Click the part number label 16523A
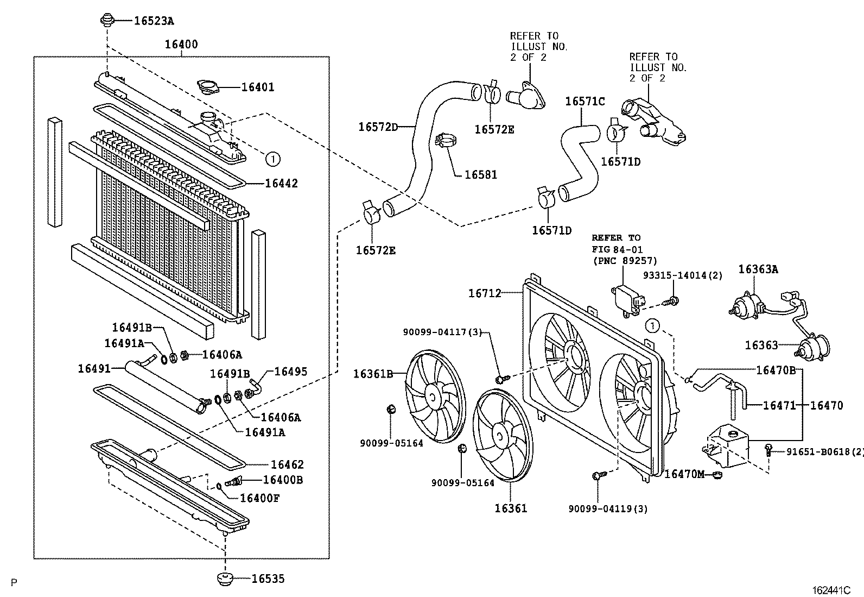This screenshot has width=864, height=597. click(154, 21)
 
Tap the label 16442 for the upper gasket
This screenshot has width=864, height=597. click(281, 184)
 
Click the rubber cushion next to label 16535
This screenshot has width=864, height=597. click(224, 579)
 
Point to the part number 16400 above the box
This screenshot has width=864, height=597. click(181, 45)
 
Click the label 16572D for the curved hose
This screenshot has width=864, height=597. click(378, 127)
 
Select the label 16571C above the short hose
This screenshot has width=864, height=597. click(585, 102)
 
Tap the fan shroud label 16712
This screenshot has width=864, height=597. click(485, 293)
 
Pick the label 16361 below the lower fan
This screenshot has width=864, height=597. click(510, 508)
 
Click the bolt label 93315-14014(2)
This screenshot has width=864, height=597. click(682, 275)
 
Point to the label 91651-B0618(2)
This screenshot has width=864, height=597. click(823, 451)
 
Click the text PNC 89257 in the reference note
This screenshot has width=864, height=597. click(624, 261)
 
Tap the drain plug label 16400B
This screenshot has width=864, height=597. click(283, 480)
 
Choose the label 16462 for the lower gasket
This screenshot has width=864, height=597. click(287, 464)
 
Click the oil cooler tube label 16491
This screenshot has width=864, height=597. click(94, 368)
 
